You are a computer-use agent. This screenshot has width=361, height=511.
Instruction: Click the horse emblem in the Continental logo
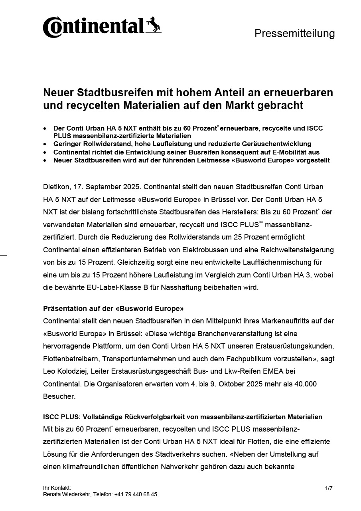[153, 25]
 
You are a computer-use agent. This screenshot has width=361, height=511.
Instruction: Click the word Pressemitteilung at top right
[294, 34]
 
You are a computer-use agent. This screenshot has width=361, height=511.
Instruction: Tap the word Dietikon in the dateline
[55, 187]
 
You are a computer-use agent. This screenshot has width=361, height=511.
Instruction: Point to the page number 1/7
[329, 488]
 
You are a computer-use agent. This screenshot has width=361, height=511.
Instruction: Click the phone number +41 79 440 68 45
[136, 494]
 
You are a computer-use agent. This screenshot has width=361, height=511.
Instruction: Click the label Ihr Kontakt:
[57, 488]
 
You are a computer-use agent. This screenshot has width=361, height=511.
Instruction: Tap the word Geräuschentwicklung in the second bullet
[278, 144]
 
